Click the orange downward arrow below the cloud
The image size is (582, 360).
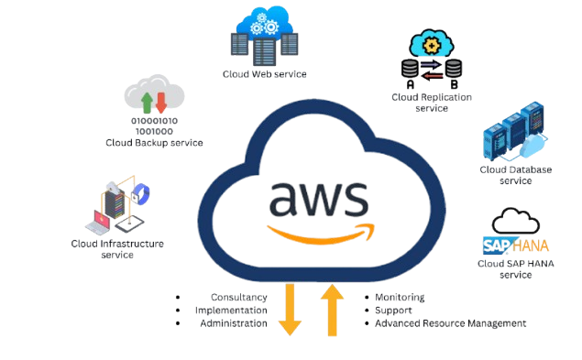click(290, 309)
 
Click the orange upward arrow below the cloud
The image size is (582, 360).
click(332, 311)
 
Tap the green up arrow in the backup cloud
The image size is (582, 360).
click(147, 103)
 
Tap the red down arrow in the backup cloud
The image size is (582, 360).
click(161, 103)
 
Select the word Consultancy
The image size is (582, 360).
click(239, 298)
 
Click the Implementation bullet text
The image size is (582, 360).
click(231, 311)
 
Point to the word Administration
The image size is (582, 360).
click(234, 323)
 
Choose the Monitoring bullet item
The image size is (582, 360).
click(400, 298)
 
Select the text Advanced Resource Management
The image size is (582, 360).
click(451, 323)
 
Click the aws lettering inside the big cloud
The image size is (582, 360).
click(319, 199)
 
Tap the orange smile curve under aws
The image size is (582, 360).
click(321, 235)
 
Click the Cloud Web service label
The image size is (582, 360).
click(265, 74)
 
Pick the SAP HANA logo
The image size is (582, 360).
click(516, 245)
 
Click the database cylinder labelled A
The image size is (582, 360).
click(410, 69)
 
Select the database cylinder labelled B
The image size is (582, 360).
click(454, 69)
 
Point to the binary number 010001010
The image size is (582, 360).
click(154, 121)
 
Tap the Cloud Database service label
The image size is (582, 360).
click(516, 175)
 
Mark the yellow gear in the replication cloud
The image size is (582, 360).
click(432, 46)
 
